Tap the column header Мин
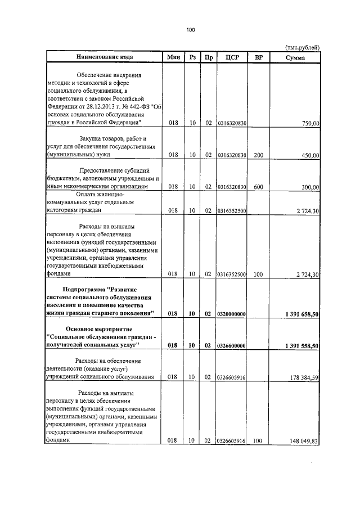[x=173, y=57]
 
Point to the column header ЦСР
[x=232, y=57]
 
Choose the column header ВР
[x=259, y=57]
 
